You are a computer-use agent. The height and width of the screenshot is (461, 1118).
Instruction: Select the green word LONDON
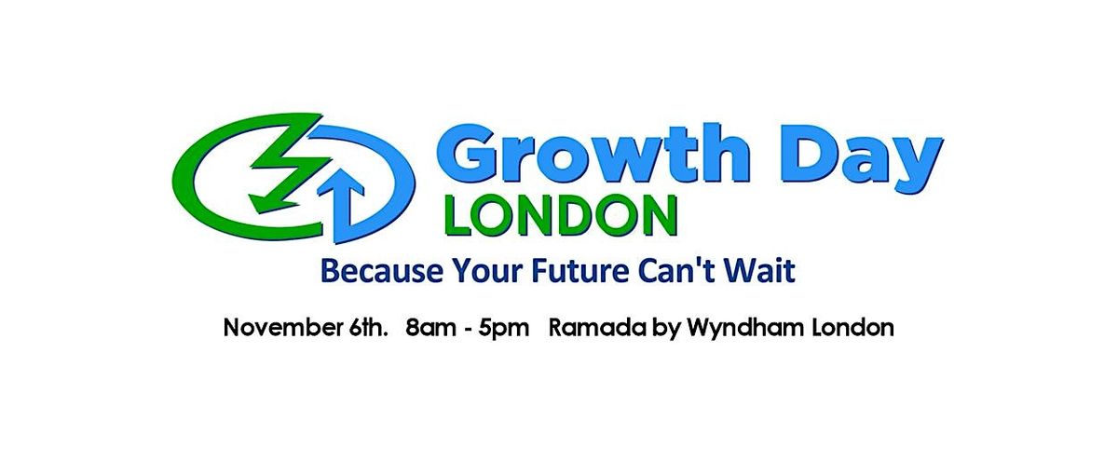[561, 215]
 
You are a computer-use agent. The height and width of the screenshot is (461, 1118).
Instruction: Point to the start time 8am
[430, 328]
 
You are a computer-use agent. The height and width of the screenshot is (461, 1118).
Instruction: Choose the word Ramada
[593, 328]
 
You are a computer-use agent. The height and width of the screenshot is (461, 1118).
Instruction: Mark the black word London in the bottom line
[853, 328]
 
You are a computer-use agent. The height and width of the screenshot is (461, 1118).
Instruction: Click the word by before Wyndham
[662, 330]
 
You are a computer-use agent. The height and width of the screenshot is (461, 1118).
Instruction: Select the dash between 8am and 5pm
[467, 330]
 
